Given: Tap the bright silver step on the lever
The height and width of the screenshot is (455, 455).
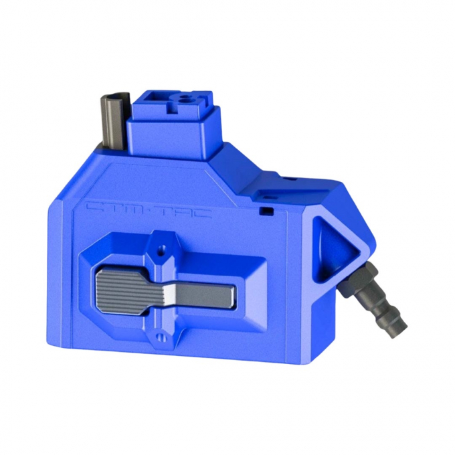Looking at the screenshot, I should [x=171, y=292].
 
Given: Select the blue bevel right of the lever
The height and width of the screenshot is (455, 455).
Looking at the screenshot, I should [x=254, y=294].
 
